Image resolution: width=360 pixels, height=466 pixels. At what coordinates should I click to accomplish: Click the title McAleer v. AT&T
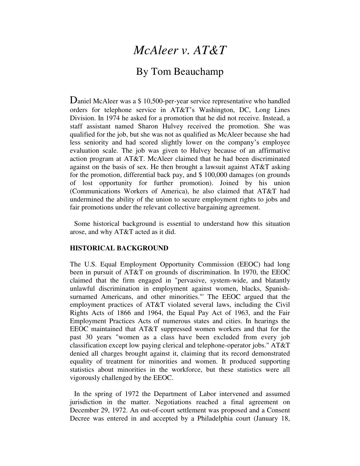click(180, 50)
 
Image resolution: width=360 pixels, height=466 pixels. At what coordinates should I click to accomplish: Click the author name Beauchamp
click(198, 71)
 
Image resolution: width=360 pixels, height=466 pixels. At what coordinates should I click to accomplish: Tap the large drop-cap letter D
click(73, 100)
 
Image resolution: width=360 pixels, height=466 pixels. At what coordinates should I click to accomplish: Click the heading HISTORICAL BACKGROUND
click(119, 248)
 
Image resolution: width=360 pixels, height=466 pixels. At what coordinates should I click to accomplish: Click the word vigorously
click(84, 378)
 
